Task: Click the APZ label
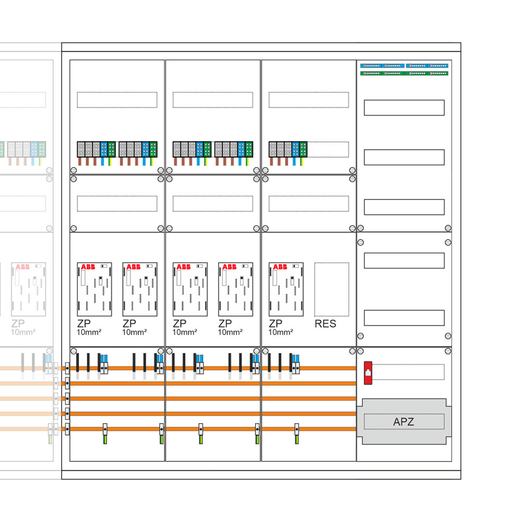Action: point(404,422)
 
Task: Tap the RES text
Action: point(325,324)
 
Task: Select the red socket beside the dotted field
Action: point(367,373)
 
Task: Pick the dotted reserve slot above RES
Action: point(331,289)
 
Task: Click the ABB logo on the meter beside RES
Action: point(280,267)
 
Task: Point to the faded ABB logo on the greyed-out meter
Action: point(22,267)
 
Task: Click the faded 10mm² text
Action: point(23,332)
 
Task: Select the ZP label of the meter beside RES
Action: point(275,324)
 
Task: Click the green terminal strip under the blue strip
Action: point(404,73)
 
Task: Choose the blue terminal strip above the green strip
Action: point(404,66)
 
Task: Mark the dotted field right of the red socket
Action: point(409,372)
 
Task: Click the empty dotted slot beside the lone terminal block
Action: point(328,149)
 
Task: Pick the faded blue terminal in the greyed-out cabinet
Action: point(34,149)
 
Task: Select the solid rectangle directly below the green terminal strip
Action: point(404,108)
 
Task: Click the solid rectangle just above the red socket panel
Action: point(404,318)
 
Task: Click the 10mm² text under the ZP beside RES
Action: point(280,332)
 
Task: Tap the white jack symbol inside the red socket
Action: point(367,372)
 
